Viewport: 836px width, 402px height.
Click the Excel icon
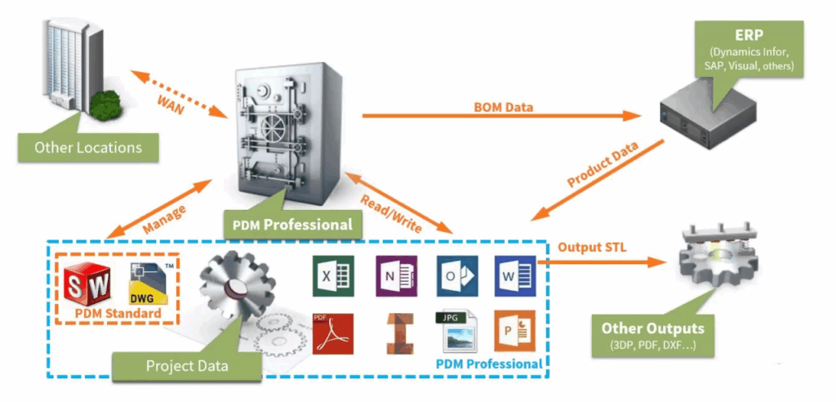327,276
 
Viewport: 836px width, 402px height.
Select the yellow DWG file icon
149,283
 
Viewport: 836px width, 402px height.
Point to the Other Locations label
88,148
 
